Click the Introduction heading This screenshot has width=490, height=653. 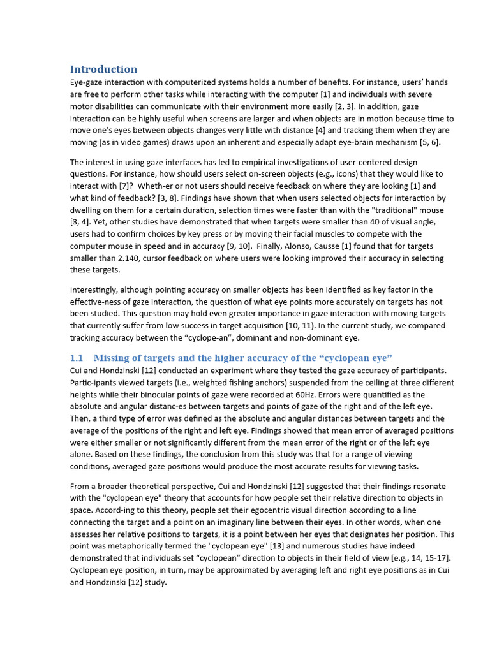(103, 69)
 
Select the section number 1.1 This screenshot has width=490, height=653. (77, 358)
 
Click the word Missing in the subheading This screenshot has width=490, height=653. (112, 358)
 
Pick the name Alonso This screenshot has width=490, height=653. (280, 246)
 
